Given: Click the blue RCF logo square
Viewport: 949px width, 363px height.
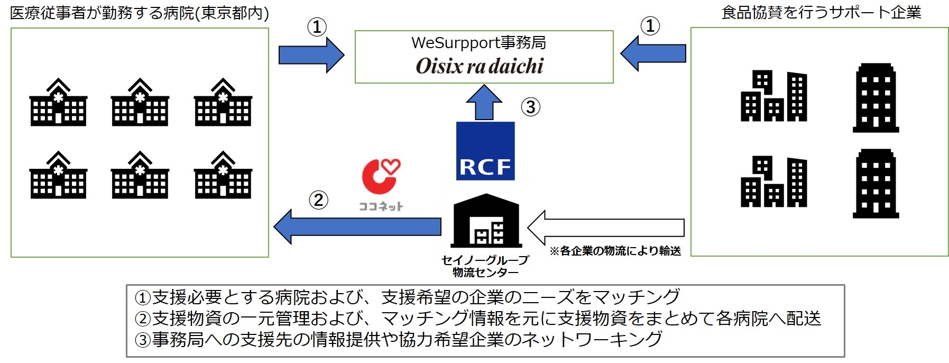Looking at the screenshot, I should (x=485, y=151).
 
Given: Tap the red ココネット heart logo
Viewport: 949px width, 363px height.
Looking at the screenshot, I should (x=380, y=177).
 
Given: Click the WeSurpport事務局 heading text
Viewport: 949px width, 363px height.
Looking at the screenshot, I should (x=478, y=42).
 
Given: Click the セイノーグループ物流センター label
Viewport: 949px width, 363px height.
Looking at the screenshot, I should (x=485, y=266).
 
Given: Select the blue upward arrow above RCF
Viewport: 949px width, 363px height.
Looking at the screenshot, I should (x=484, y=103).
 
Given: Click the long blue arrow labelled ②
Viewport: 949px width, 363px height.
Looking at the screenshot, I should (x=358, y=226).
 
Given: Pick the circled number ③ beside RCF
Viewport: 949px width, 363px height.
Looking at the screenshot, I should (x=530, y=107).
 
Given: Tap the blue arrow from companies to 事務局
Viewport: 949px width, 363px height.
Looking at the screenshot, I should (x=653, y=53).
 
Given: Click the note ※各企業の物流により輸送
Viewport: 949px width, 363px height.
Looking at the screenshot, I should (x=615, y=251).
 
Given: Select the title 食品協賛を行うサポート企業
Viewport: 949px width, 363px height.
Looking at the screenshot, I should (x=821, y=13).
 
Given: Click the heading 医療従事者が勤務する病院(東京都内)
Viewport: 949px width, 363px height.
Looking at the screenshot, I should (x=140, y=13).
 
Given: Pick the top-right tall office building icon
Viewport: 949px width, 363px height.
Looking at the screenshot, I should (x=876, y=98).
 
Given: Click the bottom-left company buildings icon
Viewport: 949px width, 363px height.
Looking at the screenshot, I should (x=773, y=183).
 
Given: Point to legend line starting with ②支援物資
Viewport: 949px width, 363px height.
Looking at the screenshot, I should (x=478, y=319).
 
